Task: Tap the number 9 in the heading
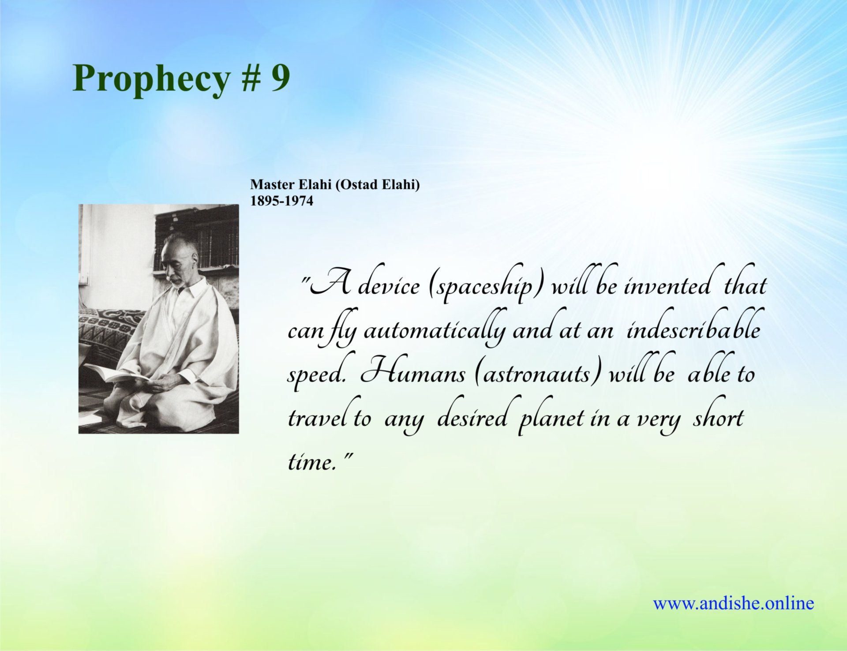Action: coord(281,77)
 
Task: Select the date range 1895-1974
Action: coord(282,201)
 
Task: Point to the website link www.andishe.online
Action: coord(733,603)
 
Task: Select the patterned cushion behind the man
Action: coord(110,327)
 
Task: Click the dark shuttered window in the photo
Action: coord(197,241)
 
